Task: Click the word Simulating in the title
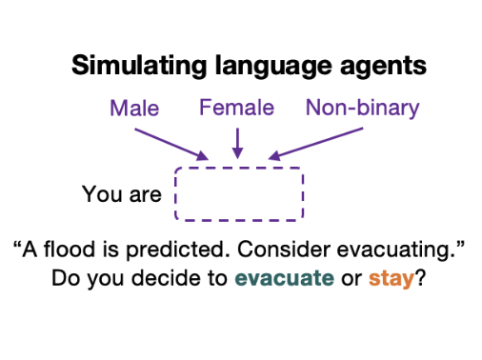tap(139, 65)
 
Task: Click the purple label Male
tap(134, 109)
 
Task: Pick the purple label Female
tap(236, 108)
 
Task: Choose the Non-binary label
tap(362, 109)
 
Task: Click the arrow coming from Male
tap(171, 144)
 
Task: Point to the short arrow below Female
tap(237, 143)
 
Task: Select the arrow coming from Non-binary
tap(315, 144)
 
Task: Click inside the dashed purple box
tap(239, 194)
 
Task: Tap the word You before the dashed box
tap(99, 194)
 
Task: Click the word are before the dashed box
tap(146, 195)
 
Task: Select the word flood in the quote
tap(70, 249)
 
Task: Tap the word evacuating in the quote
tap(396, 250)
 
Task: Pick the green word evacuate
tap(284, 278)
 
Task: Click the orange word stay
tap(392, 279)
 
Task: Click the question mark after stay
tap(420, 278)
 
